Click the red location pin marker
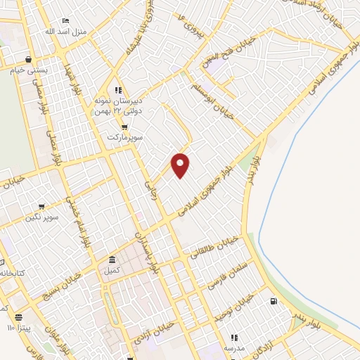181,165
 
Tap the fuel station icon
273,302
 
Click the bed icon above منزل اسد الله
65,21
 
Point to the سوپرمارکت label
125,137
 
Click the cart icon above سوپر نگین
41,207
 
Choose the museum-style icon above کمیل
112,259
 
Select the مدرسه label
234,348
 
